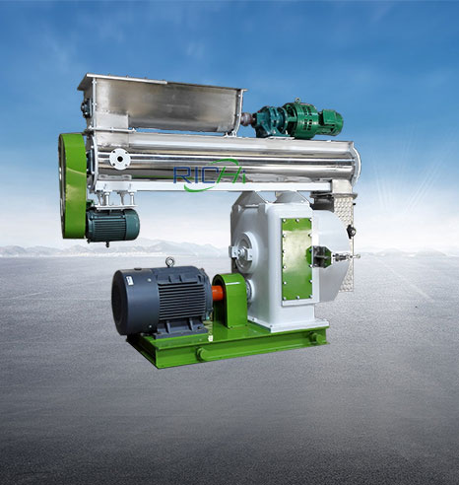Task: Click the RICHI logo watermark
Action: click(210, 174)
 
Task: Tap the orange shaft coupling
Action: click(218, 294)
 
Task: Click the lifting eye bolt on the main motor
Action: click(169, 262)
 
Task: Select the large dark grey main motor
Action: click(162, 300)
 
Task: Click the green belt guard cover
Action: click(73, 185)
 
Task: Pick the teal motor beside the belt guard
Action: click(112, 225)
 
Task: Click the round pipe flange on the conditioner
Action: click(119, 159)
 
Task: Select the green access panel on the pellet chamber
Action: click(296, 259)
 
